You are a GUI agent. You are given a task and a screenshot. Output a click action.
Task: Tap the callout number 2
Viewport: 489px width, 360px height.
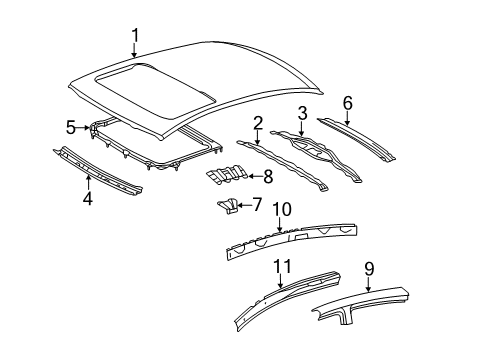(257, 124)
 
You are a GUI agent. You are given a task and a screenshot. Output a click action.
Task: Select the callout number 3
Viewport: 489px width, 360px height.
(301, 113)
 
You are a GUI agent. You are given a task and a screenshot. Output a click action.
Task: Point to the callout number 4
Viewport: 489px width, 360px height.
(87, 198)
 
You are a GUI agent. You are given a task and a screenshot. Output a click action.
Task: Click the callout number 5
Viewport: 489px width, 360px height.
(71, 127)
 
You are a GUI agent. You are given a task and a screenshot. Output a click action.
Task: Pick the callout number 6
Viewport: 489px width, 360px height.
(347, 103)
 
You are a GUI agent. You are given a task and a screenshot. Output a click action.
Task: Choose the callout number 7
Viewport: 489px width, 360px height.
(257, 206)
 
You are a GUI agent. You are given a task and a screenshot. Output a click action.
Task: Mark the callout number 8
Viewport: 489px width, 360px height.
(267, 177)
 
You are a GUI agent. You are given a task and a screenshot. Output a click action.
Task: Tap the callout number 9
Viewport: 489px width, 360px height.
(369, 268)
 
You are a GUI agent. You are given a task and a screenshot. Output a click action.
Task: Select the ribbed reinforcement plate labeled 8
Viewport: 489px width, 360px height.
(229, 177)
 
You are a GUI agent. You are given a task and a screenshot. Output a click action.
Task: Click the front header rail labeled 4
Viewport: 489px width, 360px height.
(100, 167)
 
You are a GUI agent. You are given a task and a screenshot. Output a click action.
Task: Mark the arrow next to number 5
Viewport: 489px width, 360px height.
(84, 127)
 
